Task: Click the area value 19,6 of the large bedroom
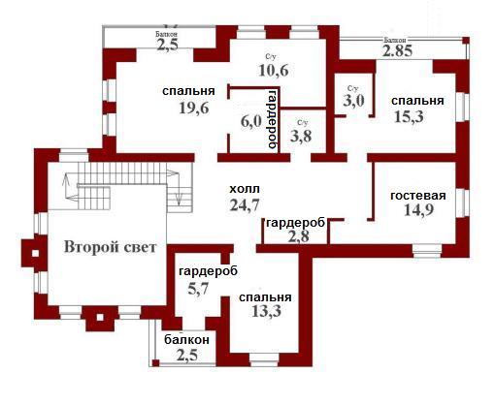[194, 108]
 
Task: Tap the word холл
[245, 189]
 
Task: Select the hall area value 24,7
[245, 204]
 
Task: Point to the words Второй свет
[110, 247]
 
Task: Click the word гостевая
[418, 196]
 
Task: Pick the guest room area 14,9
[418, 210]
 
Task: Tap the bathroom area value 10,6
[274, 70]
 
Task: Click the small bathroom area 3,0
[353, 101]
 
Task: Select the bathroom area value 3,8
[301, 136]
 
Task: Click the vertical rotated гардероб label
[274, 118]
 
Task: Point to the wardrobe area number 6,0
[251, 122]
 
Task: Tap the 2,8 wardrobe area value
[298, 236]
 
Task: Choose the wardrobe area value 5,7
[198, 288]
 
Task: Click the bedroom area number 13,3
[266, 311]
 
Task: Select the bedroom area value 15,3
[409, 116]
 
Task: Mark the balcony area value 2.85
[397, 50]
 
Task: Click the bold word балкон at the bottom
[186, 340]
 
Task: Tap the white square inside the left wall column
[35, 254]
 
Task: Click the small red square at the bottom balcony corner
[155, 362]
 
